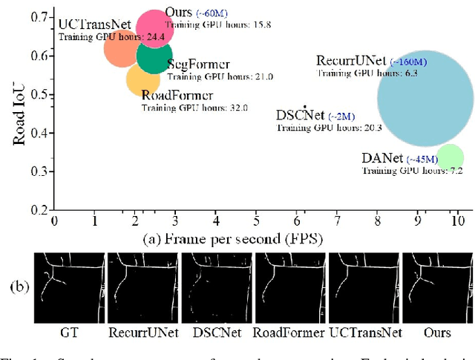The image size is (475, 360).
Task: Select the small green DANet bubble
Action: click(x=450, y=157)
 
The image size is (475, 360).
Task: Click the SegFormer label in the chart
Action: click(x=198, y=65)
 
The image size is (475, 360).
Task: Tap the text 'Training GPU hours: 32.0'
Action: click(x=194, y=108)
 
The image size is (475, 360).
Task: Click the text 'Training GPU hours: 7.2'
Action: click(x=412, y=171)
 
